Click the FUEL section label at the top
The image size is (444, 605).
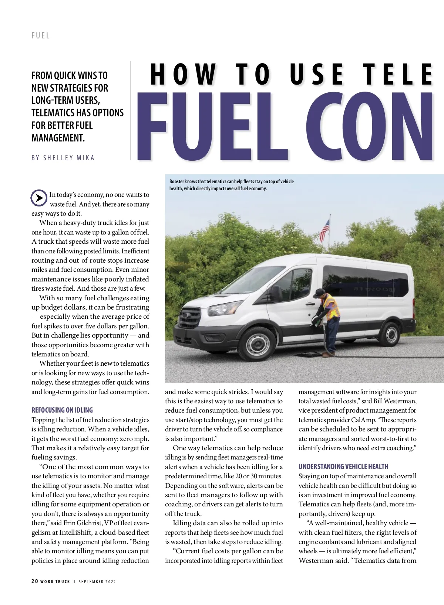coord(40,35)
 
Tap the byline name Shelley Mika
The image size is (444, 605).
coord(69,158)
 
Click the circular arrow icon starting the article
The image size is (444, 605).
coord(38,198)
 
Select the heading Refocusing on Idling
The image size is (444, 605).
coord(62,410)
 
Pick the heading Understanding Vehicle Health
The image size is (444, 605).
coord(343,466)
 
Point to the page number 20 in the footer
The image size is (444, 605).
coord(35,581)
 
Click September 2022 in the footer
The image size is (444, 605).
coord(97,582)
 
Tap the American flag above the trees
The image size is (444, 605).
coord(324,230)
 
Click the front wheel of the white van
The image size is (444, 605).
coord(257,344)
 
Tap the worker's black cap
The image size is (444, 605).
coord(319,293)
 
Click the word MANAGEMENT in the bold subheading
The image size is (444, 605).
coord(58,138)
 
